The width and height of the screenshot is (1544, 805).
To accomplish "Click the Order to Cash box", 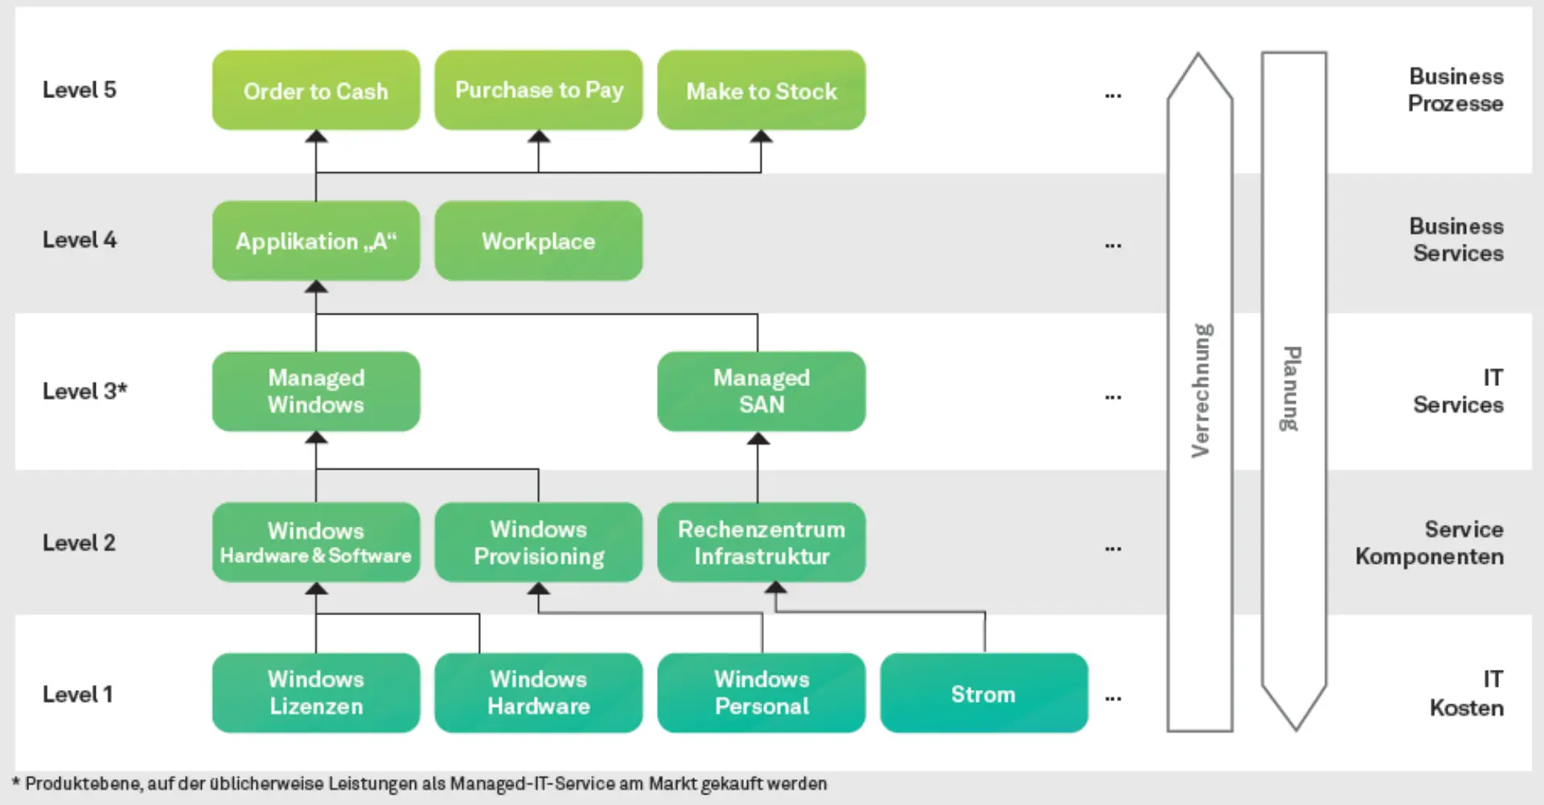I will pos(316,91).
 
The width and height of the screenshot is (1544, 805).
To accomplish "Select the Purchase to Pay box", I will pos(539,91).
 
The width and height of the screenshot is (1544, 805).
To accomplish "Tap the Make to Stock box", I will pos(762,91).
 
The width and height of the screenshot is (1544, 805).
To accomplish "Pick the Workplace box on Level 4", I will pos(539,241).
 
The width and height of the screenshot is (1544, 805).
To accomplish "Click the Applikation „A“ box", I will pos(316,241).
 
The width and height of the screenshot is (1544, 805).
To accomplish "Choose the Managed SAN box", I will pos(762,392).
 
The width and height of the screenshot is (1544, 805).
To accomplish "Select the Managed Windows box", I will pos(316,392).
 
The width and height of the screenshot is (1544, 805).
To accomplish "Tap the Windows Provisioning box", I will pos(539,543).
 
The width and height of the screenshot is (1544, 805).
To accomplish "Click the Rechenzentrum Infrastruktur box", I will pos(762,543).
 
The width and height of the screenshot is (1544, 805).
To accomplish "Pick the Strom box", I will pos(983,693).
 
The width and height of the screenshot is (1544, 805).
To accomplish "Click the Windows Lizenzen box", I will pos(316,693).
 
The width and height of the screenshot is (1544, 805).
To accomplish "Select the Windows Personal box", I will pos(762,693).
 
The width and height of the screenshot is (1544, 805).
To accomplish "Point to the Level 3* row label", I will pos(84,392).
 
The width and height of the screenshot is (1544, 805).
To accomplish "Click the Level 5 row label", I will pos(79,90).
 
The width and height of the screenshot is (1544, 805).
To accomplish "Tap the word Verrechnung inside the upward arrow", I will pos(1201,391).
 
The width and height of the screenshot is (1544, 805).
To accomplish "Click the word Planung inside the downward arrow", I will pos(1291,388).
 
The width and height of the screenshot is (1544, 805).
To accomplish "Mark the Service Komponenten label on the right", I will pos(1429,543).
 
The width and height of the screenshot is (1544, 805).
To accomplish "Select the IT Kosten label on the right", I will pos(1466,693).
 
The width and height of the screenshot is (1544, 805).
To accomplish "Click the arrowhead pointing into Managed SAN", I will pos(758,439).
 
